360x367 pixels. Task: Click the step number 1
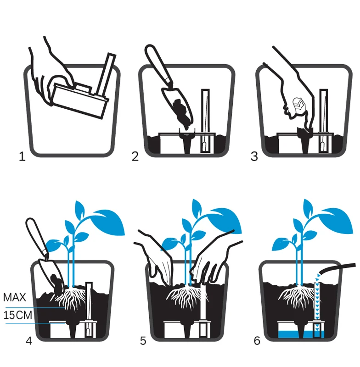(x=22, y=156)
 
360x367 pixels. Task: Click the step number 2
(x=135, y=156)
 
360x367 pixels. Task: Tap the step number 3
(x=254, y=156)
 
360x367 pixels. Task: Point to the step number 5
(x=143, y=341)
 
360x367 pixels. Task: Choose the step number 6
(x=257, y=341)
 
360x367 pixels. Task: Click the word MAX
(x=15, y=297)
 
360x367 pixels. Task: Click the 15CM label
(x=17, y=316)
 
